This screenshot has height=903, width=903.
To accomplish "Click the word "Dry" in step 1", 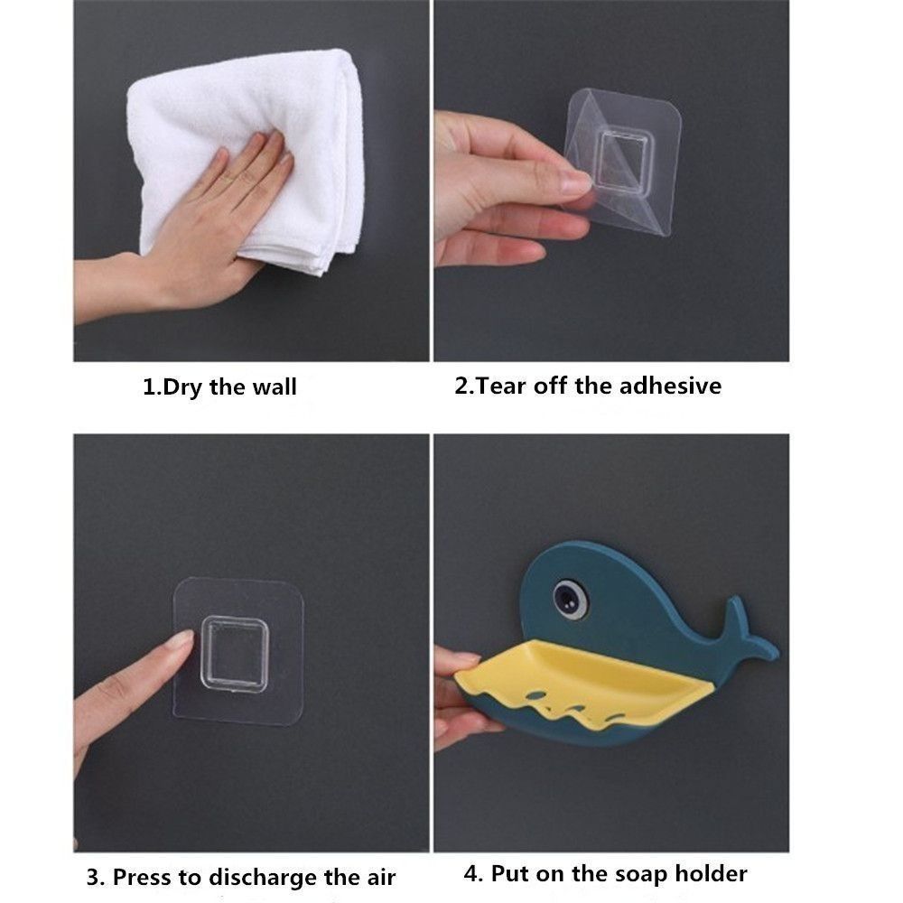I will [x=184, y=388].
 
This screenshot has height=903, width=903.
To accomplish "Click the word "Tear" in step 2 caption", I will [x=501, y=386].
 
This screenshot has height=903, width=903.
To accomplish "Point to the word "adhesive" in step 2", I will [x=674, y=386].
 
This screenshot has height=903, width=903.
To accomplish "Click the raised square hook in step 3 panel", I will [x=234, y=652].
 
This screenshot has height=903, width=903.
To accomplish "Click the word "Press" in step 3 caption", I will [x=143, y=877].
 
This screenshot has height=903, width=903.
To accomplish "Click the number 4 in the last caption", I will [x=470, y=873].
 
